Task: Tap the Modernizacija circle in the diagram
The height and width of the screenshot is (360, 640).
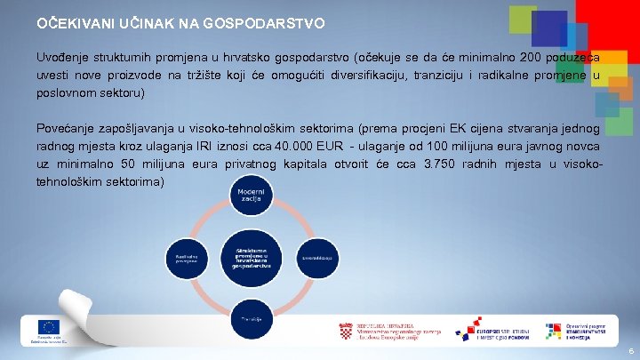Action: click(250, 198)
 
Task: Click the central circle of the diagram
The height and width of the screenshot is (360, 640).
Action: click(250, 256)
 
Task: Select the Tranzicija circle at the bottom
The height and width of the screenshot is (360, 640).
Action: click(250, 318)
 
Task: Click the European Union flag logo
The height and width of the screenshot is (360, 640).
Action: click(48, 327)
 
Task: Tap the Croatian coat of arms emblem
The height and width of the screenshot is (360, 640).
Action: click(346, 332)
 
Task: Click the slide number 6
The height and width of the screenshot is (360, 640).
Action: click(628, 352)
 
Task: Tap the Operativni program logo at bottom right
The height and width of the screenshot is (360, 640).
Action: click(579, 332)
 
